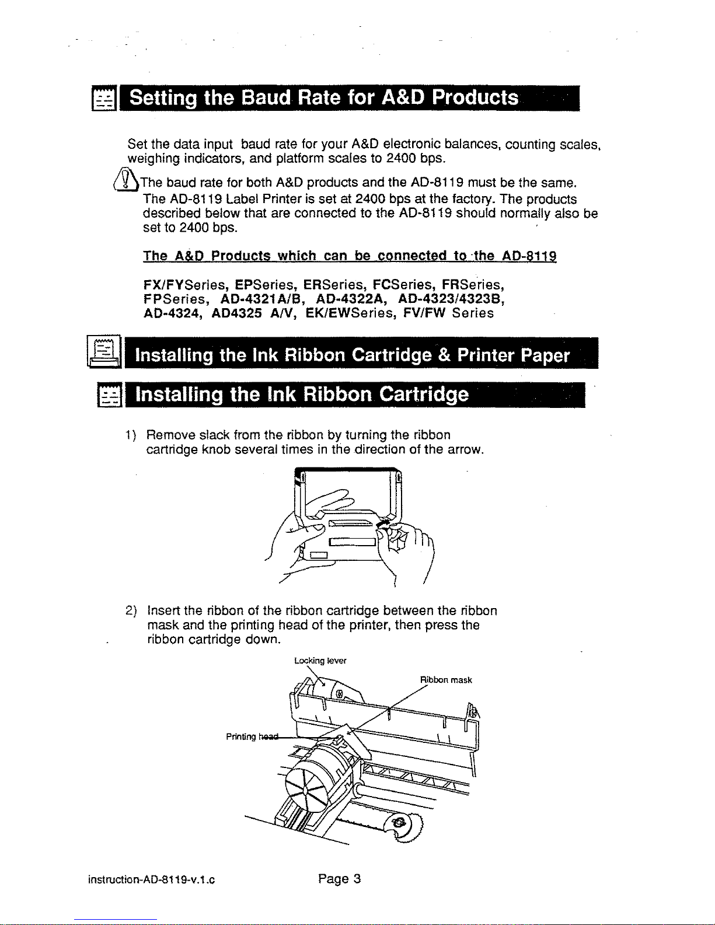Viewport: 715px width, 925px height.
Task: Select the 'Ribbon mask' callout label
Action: coord(446,680)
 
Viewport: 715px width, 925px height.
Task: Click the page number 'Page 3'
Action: coord(340,879)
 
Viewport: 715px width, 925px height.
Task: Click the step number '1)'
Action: coord(131,435)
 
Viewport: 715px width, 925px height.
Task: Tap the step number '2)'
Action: coord(131,611)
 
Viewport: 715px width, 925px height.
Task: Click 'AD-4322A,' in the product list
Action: coord(352,299)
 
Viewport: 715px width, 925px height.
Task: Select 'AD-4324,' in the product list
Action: coord(173,313)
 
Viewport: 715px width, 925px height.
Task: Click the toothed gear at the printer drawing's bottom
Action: coord(403,823)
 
